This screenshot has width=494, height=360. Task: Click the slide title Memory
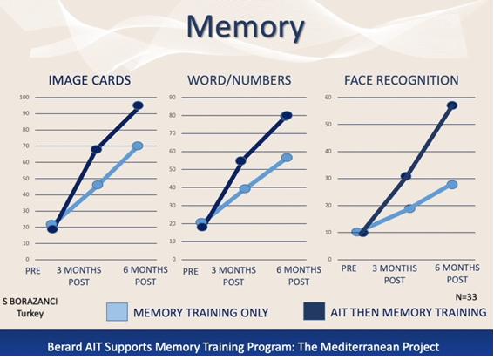coord(246,27)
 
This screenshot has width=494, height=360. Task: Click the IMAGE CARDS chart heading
coord(90,80)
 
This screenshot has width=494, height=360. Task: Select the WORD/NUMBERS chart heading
coord(239,80)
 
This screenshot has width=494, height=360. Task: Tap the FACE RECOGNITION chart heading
coord(401,80)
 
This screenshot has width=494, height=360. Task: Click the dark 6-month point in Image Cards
coord(138,105)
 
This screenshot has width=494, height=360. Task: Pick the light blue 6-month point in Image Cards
coord(138,146)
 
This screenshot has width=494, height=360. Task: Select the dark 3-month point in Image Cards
coord(97,149)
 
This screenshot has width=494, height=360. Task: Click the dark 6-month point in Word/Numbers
coord(287,116)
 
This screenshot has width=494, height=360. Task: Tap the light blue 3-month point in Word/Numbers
coord(245,188)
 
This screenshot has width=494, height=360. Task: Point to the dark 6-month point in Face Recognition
coord(452,105)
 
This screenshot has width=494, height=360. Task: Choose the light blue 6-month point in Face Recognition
coord(452,185)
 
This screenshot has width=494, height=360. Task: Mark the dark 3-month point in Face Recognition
coord(406,176)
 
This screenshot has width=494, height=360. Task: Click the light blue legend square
coord(118,312)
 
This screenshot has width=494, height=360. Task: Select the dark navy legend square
coord(314,311)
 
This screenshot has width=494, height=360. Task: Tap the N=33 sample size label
coord(466,297)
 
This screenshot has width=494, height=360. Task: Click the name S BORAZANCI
coord(30,302)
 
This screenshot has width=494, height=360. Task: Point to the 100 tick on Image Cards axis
coord(24,97)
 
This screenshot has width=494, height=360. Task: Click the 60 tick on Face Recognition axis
coord(328,97)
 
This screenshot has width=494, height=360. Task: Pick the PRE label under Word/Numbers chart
coord(191,271)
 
